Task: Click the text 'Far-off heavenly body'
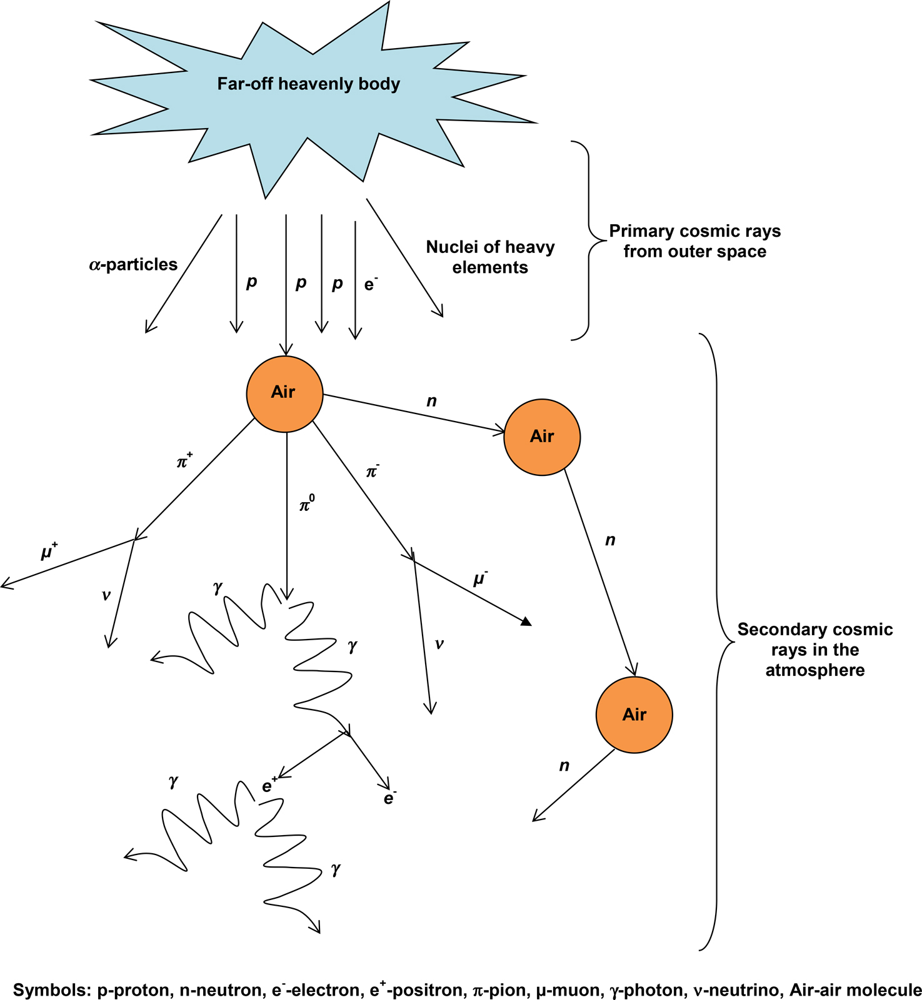[x=308, y=84]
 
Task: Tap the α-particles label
[x=133, y=265]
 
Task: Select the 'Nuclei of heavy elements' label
[x=490, y=257]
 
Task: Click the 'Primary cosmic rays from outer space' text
[x=694, y=241]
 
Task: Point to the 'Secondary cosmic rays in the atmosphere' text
[x=814, y=650]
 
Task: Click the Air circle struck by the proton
[x=284, y=394]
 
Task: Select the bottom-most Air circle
[x=634, y=715]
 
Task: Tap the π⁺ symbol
[x=184, y=462]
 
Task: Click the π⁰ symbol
[x=306, y=504]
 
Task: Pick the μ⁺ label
[x=49, y=552]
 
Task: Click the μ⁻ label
[x=480, y=579]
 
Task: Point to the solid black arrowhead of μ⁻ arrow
[x=526, y=621]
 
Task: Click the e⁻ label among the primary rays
[x=371, y=284]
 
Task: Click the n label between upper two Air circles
[x=431, y=401]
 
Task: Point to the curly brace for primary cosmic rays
[x=588, y=240]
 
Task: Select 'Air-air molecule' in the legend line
[x=855, y=990]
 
